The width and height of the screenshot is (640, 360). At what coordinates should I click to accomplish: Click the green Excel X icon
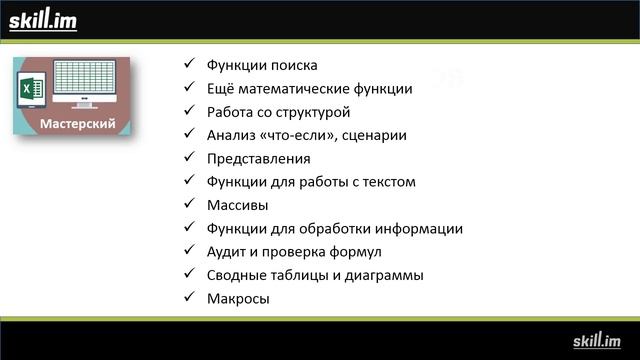pos(28,91)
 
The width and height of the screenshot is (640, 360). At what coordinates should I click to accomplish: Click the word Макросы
pos(238,298)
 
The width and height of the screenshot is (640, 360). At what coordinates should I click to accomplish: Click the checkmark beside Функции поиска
pos(189,65)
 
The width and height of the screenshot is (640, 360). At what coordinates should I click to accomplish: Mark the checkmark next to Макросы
pos(189,298)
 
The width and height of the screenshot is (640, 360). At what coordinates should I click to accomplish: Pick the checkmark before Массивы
pos(189,204)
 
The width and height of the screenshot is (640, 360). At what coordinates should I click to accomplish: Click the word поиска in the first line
pos(295,65)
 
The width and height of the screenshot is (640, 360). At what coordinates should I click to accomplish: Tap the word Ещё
pos(220,88)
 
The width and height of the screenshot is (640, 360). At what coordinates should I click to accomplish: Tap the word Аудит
pos(225,251)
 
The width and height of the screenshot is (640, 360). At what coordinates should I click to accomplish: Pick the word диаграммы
pos(386,274)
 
